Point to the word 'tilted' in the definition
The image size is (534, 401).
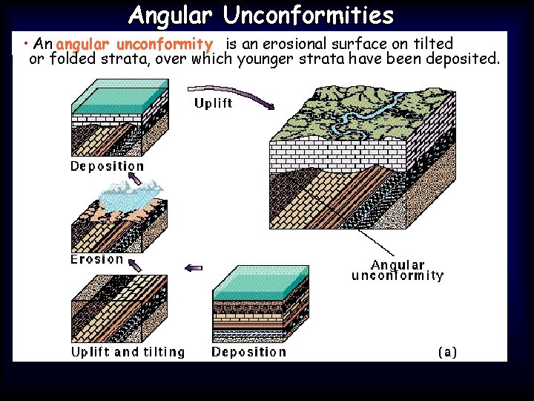click(432, 45)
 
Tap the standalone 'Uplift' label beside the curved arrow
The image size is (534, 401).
click(213, 103)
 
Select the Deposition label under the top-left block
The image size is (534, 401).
click(107, 166)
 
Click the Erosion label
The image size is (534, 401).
click(97, 259)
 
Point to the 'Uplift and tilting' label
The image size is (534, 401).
click(128, 352)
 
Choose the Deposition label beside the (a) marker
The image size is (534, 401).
click(248, 352)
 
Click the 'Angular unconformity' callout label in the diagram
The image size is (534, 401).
click(398, 270)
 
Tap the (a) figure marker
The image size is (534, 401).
click(447, 352)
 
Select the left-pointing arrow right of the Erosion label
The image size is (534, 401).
click(194, 268)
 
